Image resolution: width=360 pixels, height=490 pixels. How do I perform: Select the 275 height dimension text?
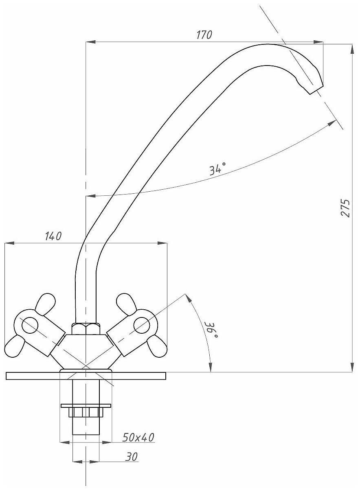point(345,208)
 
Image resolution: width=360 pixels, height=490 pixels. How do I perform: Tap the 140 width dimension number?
point(53,236)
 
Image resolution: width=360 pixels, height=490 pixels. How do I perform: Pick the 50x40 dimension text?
point(138,437)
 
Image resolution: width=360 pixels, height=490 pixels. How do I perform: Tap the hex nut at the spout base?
point(86,328)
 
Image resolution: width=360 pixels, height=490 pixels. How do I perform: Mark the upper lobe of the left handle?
point(45,304)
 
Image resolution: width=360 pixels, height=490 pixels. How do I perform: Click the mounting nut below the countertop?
point(86,412)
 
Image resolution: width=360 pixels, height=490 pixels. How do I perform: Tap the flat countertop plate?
point(41,376)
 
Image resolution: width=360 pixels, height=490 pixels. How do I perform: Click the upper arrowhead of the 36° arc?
point(188,298)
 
